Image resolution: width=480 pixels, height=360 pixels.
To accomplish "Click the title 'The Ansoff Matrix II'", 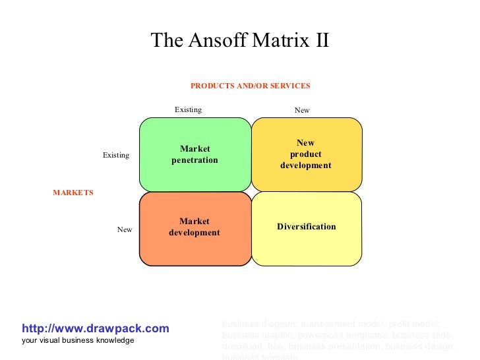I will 239,41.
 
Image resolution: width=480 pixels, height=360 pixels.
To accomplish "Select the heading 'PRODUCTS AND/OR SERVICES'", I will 250,86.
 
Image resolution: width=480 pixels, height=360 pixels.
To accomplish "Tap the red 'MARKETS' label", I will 73,193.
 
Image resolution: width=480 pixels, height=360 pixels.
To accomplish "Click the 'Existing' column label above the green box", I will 188,110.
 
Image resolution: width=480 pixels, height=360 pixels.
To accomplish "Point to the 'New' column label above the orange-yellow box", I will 302,111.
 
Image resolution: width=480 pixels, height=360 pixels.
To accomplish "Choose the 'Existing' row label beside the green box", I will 116,156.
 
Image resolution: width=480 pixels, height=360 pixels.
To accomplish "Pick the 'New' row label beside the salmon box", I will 125,229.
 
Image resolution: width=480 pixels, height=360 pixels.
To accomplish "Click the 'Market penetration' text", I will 195,155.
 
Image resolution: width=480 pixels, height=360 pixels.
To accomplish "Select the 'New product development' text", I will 305,154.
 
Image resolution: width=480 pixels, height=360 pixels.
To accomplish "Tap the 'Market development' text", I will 195,227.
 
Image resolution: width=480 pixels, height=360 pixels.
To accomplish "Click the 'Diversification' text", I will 307,227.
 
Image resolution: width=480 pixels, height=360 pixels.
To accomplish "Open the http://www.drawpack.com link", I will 96,328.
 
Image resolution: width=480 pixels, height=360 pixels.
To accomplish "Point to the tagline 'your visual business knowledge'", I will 78,340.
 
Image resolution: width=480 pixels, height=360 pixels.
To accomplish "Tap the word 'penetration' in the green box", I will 195,160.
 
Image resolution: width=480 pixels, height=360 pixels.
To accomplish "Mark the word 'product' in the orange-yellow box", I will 305,154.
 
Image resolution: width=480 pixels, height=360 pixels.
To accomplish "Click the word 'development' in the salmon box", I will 195,233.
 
